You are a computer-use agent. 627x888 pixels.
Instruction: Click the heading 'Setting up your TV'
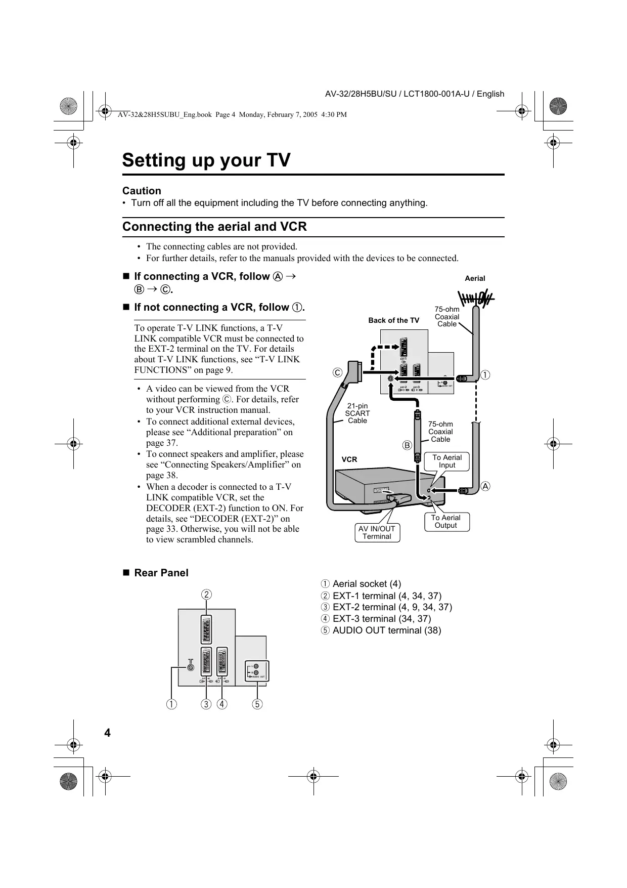click(206, 160)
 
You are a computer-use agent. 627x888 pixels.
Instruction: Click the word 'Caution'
click(142, 191)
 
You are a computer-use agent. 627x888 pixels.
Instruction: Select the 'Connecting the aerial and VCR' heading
click(214, 227)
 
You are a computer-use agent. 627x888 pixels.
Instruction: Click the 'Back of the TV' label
click(393, 320)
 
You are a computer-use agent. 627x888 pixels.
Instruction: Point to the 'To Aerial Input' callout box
click(447, 461)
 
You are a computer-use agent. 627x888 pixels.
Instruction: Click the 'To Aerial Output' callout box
click(445, 522)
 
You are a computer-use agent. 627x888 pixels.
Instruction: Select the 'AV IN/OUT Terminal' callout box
click(377, 533)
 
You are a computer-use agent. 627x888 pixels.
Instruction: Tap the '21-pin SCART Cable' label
click(357, 413)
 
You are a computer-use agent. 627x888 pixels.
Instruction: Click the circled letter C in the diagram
click(337, 373)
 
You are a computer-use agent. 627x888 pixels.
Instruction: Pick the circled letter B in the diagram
click(407, 445)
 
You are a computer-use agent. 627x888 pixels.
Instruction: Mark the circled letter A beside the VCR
click(485, 486)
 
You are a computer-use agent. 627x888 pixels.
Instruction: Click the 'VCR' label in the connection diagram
click(349, 459)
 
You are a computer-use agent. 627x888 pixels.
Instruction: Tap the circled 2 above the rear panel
click(206, 594)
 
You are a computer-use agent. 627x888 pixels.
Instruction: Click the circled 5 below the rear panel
click(257, 704)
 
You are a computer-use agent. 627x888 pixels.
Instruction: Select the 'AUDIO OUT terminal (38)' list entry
click(381, 630)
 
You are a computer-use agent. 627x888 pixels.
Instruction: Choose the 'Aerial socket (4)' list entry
click(361, 584)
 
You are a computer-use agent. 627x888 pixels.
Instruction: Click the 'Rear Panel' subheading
click(161, 573)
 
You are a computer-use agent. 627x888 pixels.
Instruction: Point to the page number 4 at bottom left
click(107, 733)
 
